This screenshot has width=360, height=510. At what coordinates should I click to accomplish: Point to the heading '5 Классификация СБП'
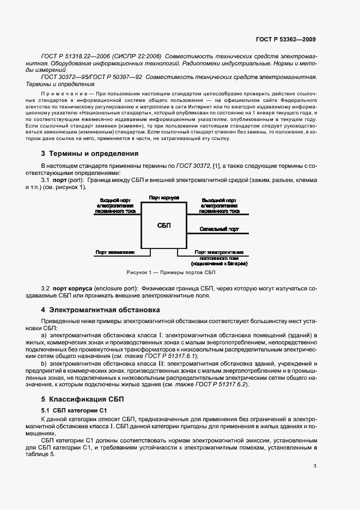click(82, 399)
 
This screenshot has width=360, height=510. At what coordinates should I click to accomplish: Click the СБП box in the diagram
click(164, 225)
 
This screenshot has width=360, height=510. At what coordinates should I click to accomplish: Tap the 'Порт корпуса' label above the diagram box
click(164, 197)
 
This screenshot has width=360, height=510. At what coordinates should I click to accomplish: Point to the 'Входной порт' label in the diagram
click(115, 200)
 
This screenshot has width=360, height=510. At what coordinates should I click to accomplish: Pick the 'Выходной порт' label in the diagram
click(218, 200)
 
